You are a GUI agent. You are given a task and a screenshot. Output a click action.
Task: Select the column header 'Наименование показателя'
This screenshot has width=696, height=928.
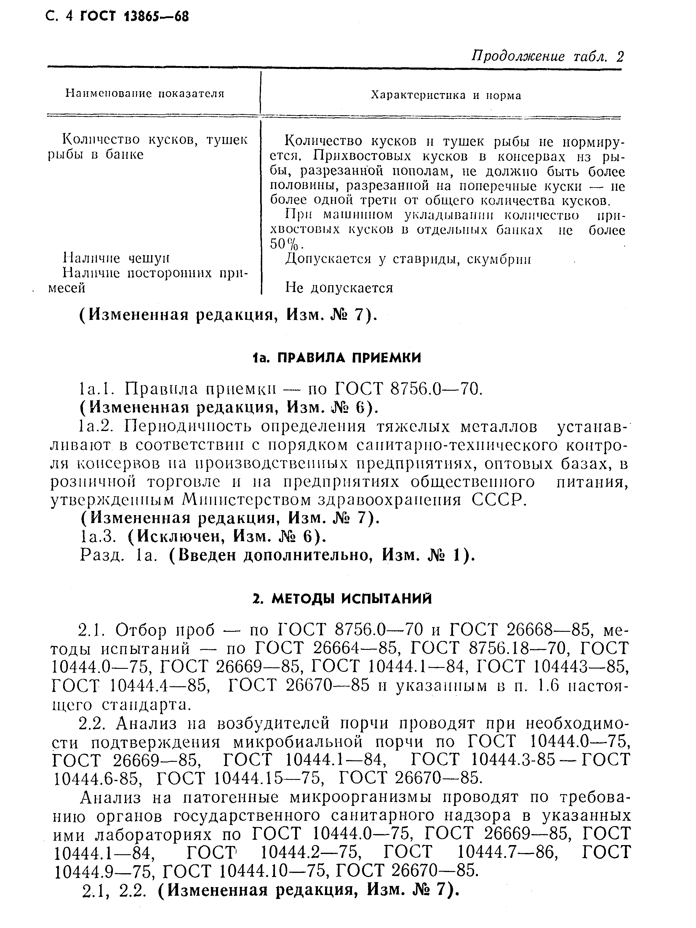(x=145, y=93)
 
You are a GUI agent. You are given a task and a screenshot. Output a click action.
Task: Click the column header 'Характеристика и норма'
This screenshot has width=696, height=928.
(x=446, y=95)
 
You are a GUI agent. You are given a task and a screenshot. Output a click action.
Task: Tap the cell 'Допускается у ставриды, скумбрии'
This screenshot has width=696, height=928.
(x=408, y=259)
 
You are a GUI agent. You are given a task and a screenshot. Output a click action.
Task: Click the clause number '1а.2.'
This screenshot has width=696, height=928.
(x=97, y=426)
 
